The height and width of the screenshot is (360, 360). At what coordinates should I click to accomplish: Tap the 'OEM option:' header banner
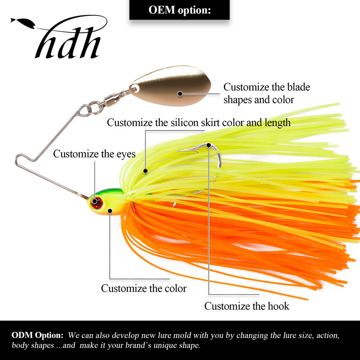[179, 10]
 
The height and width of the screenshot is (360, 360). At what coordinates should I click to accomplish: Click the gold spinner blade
[171, 85]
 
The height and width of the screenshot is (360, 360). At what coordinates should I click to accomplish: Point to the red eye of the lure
[97, 203]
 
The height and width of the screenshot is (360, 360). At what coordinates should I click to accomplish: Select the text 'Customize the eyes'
[94, 154]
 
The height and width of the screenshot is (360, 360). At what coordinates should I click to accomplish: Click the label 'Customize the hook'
[247, 306]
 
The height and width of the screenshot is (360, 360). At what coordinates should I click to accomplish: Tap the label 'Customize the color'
[144, 288]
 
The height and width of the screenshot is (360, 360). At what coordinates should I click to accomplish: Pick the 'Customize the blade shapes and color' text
[267, 93]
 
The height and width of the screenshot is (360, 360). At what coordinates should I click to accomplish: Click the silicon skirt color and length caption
[199, 123]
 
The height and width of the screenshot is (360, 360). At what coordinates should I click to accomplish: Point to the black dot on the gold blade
[180, 93]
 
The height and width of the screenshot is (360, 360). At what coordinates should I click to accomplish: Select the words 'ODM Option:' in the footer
[37, 335]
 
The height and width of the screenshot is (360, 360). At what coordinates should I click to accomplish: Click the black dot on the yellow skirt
[145, 171]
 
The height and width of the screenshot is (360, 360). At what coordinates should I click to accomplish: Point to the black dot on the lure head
[109, 211]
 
